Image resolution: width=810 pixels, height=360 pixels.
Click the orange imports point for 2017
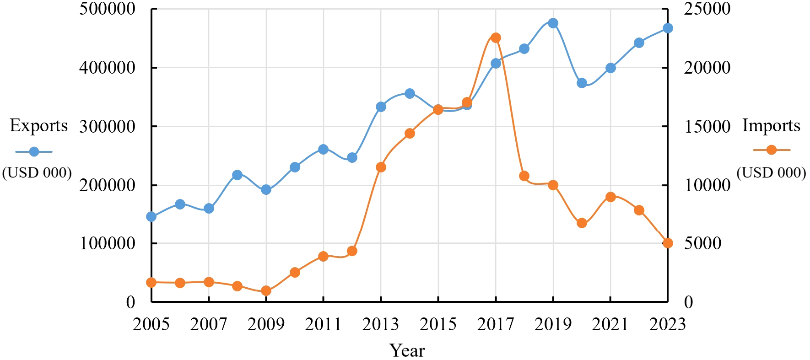click(496, 38)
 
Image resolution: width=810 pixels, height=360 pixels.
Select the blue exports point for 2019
click(553, 23)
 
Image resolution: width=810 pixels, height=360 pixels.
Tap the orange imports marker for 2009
click(266, 291)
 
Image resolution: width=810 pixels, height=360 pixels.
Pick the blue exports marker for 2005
click(151, 216)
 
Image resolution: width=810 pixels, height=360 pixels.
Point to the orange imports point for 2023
click(668, 243)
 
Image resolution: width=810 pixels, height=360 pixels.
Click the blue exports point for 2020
click(582, 83)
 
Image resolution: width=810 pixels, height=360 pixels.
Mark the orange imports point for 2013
click(381, 167)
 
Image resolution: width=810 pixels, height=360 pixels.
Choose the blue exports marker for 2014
click(410, 93)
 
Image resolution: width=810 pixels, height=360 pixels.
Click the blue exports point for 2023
click(668, 28)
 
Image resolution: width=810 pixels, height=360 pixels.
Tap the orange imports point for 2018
click(524, 176)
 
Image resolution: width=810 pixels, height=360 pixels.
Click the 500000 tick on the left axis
click(108, 9)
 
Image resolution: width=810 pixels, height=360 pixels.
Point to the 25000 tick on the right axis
click(707, 9)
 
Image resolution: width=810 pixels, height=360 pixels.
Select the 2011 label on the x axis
click(323, 324)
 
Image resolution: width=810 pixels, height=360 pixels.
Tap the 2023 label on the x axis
click(667, 324)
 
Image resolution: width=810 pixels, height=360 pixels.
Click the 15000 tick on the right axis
click(707, 127)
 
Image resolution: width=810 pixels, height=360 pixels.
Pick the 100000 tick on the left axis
click(108, 243)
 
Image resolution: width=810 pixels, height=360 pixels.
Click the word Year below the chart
click(407, 351)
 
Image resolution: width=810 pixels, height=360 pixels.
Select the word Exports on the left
click(38, 125)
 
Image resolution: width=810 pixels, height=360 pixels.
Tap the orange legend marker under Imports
click(771, 150)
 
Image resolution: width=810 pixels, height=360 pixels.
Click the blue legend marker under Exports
click(34, 151)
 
